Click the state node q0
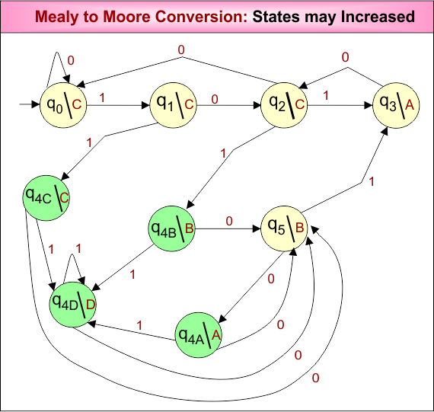(62, 104)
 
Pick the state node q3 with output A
(395, 104)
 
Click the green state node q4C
(46, 196)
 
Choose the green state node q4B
(173, 226)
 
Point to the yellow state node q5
(284, 226)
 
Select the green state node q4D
(73, 302)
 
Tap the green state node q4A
(198, 333)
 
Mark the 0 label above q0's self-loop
(71, 59)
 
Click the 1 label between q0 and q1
(103, 97)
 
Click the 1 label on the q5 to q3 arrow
(372, 181)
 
